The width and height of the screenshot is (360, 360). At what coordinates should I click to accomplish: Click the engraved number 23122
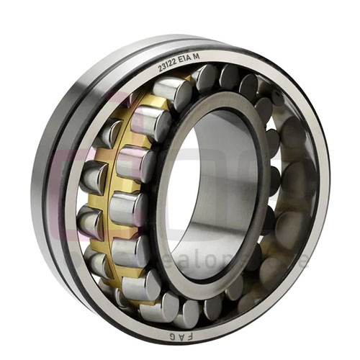170,66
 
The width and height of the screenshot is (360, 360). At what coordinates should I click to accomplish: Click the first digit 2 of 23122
161,69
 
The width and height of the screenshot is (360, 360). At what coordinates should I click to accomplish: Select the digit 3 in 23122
165,68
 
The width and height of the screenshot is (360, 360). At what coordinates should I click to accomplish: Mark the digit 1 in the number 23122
170,66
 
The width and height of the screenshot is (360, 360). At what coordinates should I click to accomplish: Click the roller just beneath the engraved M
205,78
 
